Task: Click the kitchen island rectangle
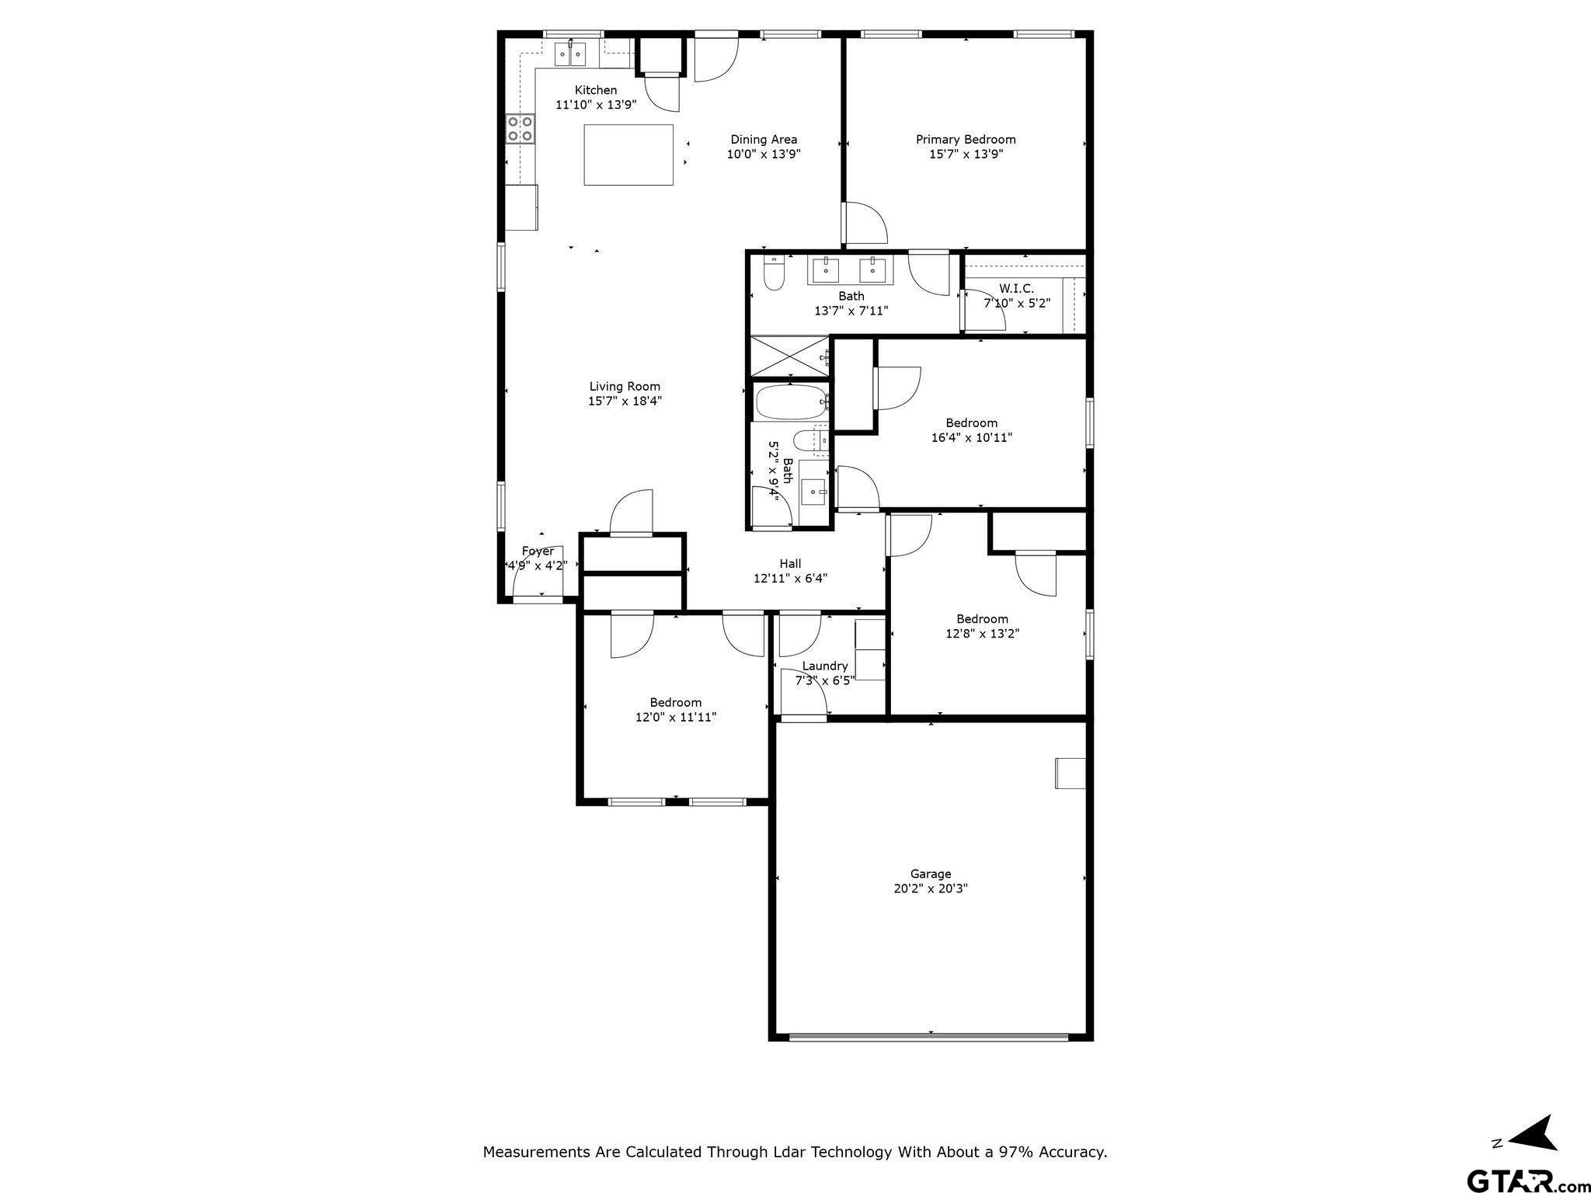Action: (x=628, y=155)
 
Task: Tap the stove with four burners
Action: (x=520, y=129)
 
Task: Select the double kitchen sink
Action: (x=570, y=54)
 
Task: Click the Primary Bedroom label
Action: (x=966, y=140)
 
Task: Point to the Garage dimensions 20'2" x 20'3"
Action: (x=931, y=889)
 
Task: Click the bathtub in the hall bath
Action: (x=790, y=402)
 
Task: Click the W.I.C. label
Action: (x=1016, y=288)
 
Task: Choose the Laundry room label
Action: (x=824, y=666)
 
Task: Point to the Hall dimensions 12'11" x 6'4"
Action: (x=790, y=578)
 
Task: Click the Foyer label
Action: (x=538, y=551)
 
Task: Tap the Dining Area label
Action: (x=764, y=140)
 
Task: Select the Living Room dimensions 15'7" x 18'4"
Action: (x=625, y=401)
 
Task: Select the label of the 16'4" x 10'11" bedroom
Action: (x=971, y=423)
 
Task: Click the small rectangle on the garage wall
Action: (x=1070, y=773)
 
